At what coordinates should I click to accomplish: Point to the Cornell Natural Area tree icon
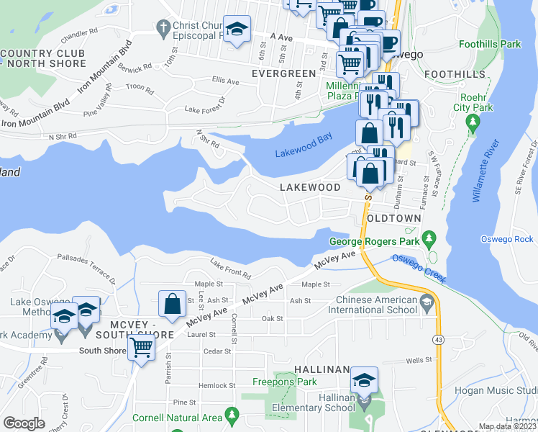232,415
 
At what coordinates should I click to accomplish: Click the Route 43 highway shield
438,338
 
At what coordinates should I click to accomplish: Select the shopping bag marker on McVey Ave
173,304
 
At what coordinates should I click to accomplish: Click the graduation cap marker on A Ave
237,30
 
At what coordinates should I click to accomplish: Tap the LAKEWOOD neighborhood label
310,187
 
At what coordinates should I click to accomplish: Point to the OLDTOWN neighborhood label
393,217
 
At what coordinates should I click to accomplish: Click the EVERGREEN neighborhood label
283,73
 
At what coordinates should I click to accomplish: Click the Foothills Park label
490,45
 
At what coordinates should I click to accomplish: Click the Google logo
24,423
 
